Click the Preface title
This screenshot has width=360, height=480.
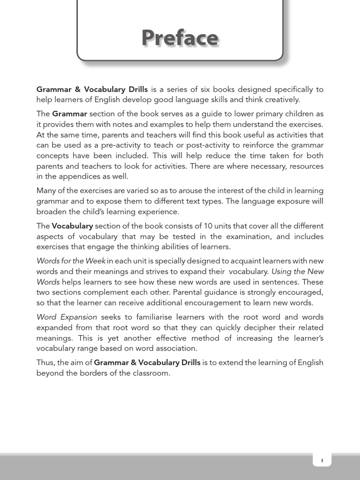[180, 38]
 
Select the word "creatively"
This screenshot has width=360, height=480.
[280, 99]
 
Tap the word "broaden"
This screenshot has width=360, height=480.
[52, 211]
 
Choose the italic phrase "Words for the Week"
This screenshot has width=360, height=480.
[71, 261]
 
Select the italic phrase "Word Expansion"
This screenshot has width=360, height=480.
[67, 317]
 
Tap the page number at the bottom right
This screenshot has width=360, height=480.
[322, 460]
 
